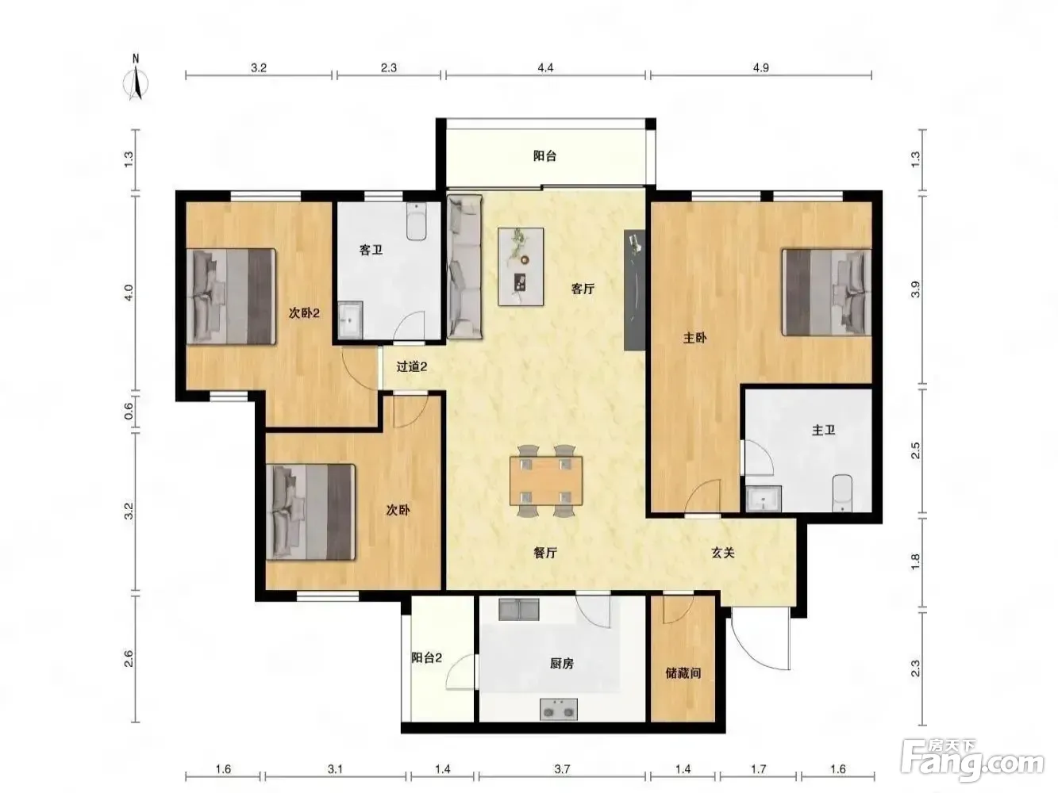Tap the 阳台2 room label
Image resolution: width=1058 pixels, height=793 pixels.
(x=426, y=657)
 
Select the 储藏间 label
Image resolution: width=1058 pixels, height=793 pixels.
(x=683, y=672)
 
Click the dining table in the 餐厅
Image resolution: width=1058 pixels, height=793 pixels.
(x=546, y=481)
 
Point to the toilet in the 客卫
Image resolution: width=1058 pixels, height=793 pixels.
(x=416, y=221)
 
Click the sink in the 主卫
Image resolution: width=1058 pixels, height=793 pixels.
(x=764, y=499)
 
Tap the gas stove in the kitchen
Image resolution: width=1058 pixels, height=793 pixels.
(x=559, y=709)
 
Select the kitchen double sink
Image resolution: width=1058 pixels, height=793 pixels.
(x=518, y=609)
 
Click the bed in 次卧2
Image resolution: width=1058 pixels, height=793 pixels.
(x=231, y=296)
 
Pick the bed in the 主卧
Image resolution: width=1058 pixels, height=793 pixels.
(x=827, y=293)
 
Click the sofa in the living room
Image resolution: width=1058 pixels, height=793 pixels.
(x=464, y=266)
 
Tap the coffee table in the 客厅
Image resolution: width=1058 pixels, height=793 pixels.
(x=521, y=266)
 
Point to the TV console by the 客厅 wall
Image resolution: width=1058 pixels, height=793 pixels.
(x=634, y=290)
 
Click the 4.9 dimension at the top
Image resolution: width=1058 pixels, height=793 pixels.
(x=760, y=68)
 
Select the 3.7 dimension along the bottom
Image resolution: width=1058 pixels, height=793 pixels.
(x=562, y=769)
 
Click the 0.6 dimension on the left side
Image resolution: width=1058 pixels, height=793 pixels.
(x=129, y=411)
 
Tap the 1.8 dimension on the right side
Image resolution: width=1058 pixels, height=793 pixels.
(x=915, y=562)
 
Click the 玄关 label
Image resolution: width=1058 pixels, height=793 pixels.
(x=722, y=554)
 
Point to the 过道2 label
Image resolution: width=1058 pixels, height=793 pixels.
(x=412, y=367)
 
